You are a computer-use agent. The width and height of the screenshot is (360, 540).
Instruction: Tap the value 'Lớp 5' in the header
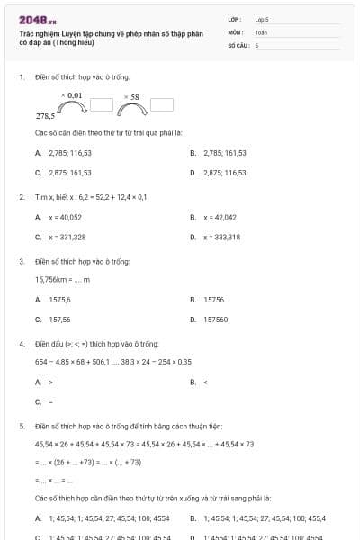tap(262, 19)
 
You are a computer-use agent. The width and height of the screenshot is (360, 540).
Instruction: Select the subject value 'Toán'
tap(261, 31)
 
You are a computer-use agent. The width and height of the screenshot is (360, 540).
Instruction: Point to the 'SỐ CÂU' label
tap(238, 44)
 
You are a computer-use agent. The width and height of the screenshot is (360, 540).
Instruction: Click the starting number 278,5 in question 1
tap(45, 116)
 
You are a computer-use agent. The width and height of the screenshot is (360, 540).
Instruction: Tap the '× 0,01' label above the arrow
tap(72, 94)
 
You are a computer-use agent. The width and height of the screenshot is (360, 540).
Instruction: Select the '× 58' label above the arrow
tap(131, 96)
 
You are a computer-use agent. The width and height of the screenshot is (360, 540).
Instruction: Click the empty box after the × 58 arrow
tap(162, 104)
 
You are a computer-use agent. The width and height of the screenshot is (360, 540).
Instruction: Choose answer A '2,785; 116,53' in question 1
tap(69, 153)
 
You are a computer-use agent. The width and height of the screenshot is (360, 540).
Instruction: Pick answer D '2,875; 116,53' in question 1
tap(224, 172)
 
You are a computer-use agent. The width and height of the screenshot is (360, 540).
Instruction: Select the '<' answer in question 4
tap(206, 382)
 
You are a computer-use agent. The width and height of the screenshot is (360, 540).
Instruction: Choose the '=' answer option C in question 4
tap(50, 401)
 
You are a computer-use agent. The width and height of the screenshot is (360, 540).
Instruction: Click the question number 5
tap(22, 425)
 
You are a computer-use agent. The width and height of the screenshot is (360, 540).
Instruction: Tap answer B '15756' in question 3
tap(213, 300)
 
